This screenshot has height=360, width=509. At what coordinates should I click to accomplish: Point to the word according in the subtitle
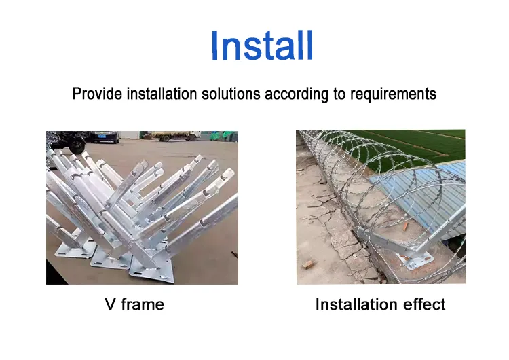coord(296,94)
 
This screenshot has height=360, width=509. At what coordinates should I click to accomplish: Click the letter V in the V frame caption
coord(110,304)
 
